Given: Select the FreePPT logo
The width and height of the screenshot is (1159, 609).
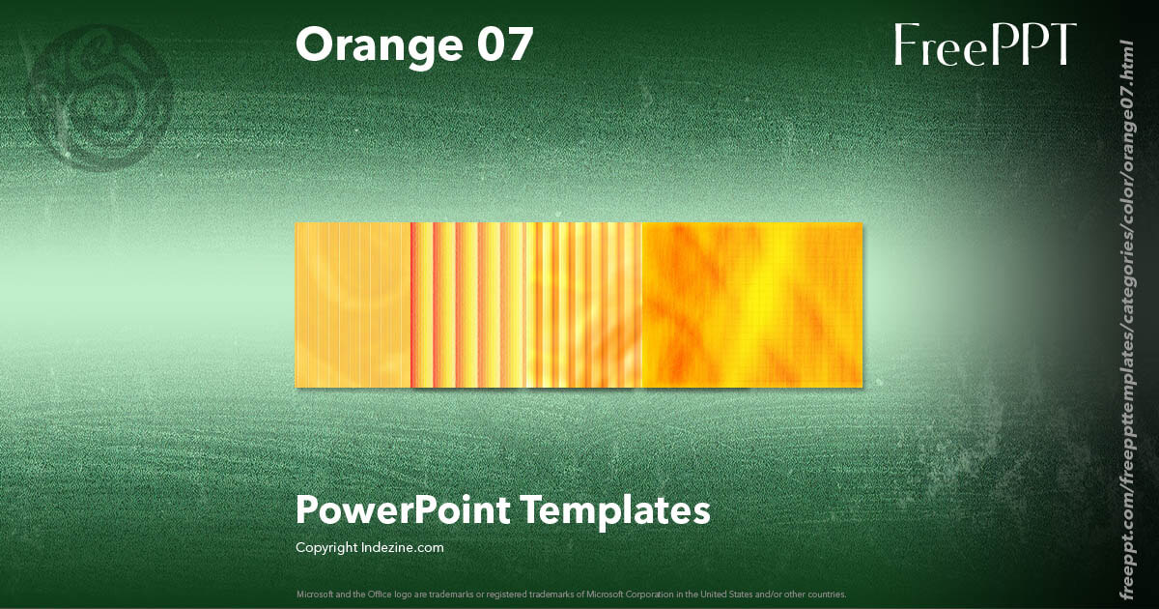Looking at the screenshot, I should tap(984, 45).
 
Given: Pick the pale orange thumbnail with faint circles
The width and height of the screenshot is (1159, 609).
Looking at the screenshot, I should tap(353, 304).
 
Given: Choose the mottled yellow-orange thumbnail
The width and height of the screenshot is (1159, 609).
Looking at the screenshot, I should tap(752, 304).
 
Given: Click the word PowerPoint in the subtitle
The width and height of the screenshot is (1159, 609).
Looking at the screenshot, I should tap(402, 509).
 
